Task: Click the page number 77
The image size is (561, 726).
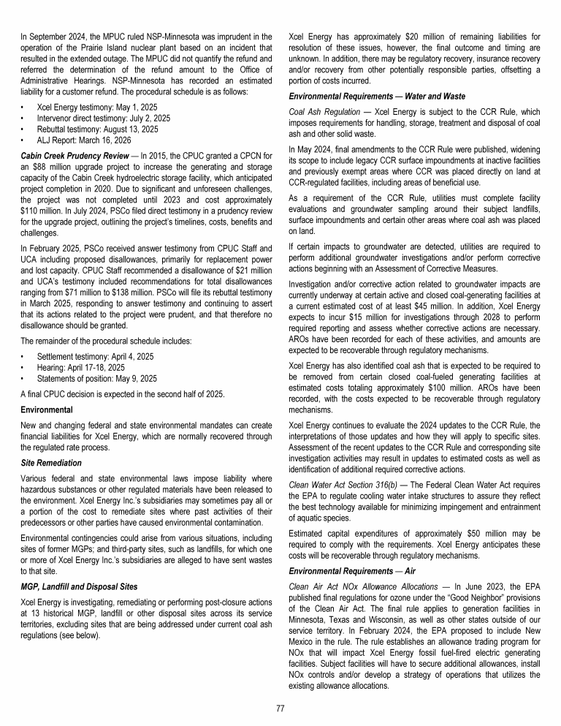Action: pyautogui.click(x=280, y=708)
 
